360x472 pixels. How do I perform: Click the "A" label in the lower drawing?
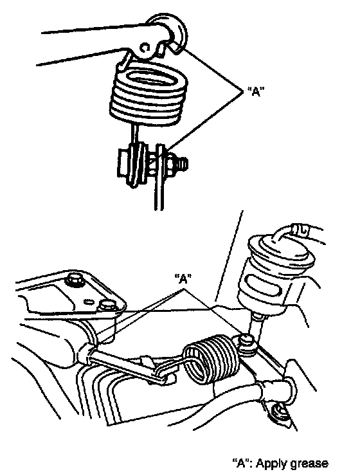click(x=183, y=278)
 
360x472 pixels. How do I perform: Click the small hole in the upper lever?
click(x=145, y=48)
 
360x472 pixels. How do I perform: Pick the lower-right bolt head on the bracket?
click(x=107, y=305)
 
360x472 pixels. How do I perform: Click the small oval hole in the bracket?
click(x=89, y=301)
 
